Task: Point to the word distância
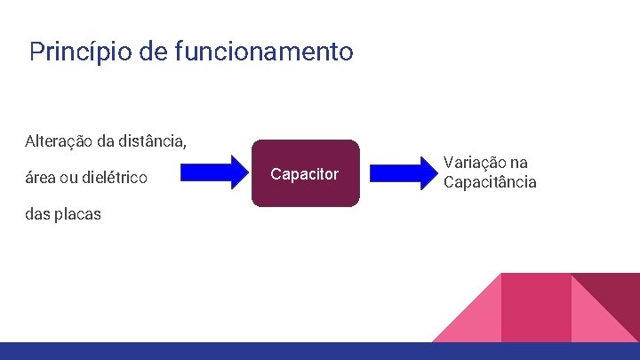click(154, 140)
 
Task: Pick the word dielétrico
click(116, 178)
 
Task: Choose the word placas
click(77, 214)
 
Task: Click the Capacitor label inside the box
click(305, 174)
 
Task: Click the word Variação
click(474, 164)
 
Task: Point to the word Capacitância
click(490, 182)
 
